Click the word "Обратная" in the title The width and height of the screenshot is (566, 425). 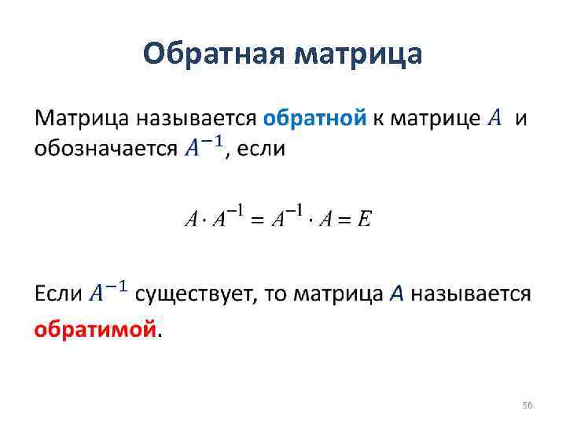point(215,54)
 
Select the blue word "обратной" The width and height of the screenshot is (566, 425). point(314,119)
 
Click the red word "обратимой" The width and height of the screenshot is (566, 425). point(95,330)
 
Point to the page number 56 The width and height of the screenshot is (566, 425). point(527,405)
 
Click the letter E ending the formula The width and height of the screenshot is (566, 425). point(363,220)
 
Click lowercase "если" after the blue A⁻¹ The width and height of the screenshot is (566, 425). point(261,149)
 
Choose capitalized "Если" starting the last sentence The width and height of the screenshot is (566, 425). point(58,294)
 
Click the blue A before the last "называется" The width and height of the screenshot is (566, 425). point(397,294)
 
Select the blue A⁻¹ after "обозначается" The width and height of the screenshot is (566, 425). point(204,147)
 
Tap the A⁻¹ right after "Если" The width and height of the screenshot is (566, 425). point(108,293)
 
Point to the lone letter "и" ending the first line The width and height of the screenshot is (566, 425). point(520,119)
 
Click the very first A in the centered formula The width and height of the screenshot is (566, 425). point(190,220)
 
